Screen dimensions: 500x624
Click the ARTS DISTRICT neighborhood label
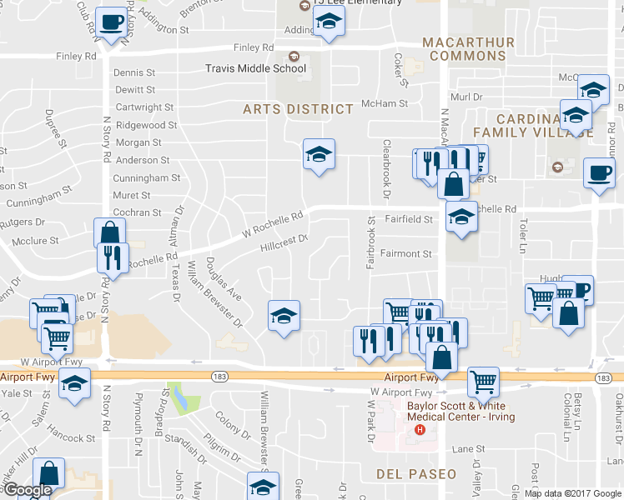coord(298,109)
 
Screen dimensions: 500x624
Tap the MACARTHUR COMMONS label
coord(464,49)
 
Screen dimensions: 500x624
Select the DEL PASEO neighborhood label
coord(416,474)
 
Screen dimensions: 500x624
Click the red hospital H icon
coord(420,431)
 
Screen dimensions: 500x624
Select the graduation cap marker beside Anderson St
coord(318,154)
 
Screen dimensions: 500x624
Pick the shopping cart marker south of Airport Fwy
coord(483,382)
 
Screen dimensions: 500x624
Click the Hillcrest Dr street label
coord(284,242)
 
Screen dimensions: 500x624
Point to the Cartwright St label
coord(144,107)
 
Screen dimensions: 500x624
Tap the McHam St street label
coord(385,103)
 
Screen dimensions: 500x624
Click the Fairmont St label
coord(406,254)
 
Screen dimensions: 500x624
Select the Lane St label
coord(468,448)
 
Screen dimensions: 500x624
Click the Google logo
coord(28,489)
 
